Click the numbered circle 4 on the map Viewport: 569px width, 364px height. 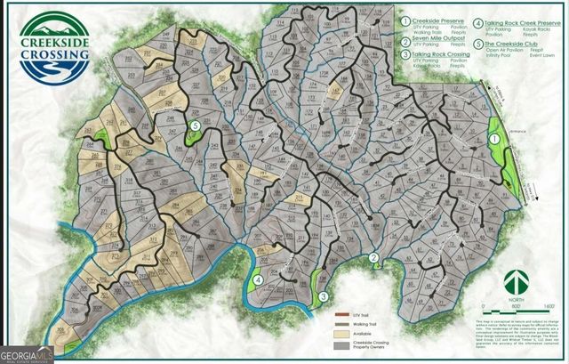point(258,279)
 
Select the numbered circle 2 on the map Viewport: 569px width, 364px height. point(374,259)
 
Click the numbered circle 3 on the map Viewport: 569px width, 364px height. point(324,296)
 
